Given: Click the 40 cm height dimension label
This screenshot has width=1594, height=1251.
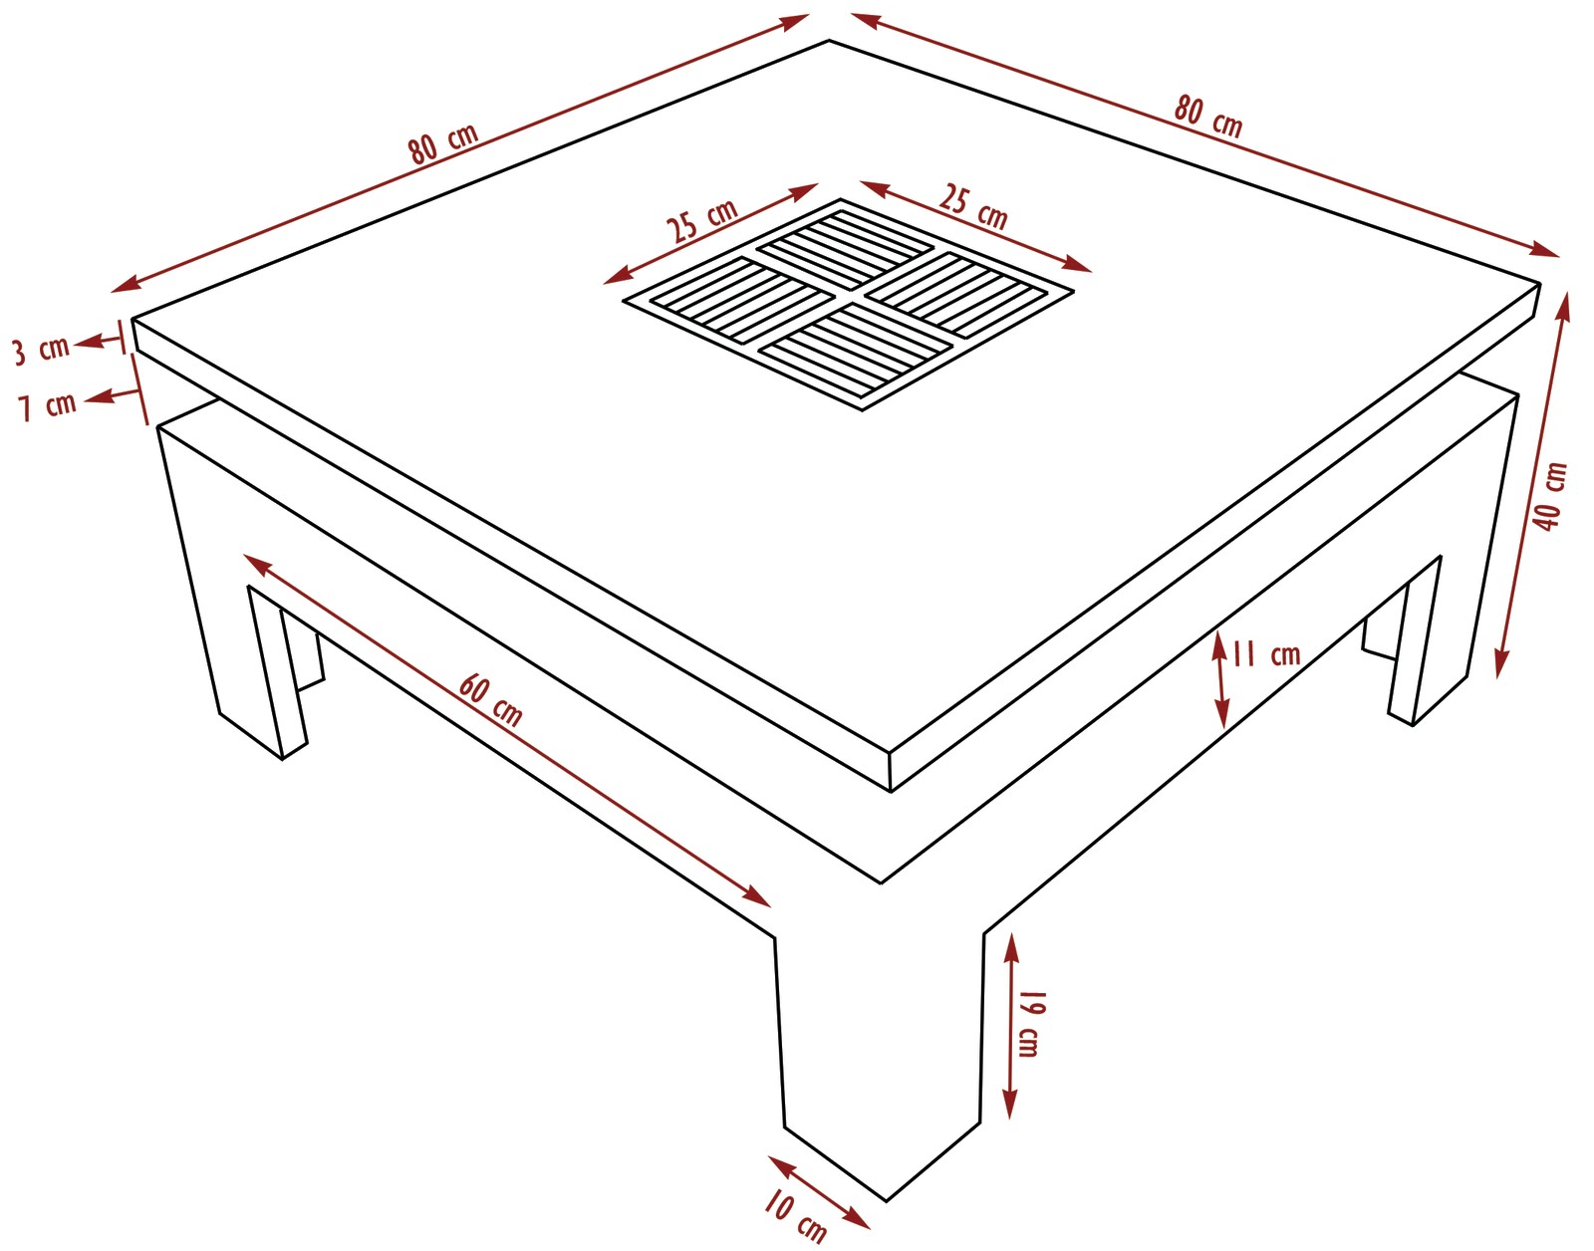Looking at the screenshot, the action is tap(1550, 497).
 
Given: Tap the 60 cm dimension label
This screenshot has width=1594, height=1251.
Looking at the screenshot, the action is tap(491, 701).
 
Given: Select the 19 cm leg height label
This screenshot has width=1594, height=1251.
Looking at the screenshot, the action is tap(1028, 1024).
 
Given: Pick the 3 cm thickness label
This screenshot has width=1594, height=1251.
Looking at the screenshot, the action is tap(42, 350).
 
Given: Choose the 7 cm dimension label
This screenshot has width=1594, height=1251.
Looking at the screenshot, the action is tap(47, 405).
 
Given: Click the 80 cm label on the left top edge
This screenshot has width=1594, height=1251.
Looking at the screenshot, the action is tap(443, 143).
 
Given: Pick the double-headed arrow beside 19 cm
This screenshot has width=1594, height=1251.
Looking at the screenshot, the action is tap(1011, 1026).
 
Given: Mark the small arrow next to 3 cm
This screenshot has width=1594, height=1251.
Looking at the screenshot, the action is tap(102, 341).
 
